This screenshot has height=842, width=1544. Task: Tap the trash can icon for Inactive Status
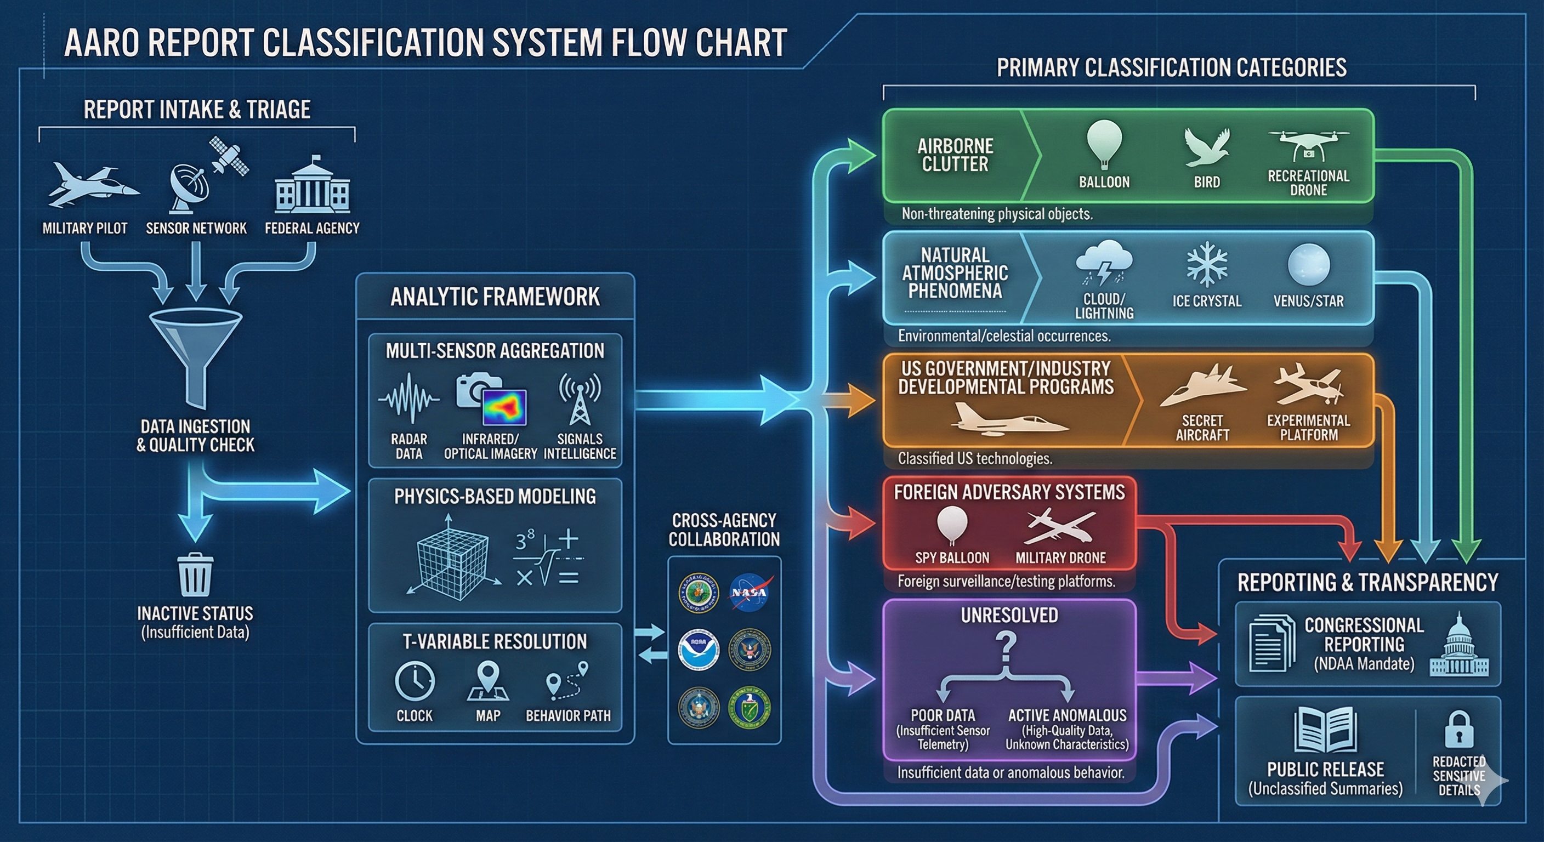[195, 574]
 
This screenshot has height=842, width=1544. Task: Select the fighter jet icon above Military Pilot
[92, 186]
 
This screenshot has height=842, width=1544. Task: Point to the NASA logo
[751, 592]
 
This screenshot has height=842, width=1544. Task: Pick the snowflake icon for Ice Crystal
[1207, 265]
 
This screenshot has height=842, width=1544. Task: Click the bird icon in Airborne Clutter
[1207, 147]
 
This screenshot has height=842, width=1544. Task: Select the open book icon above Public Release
[1325, 729]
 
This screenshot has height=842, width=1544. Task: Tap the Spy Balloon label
[952, 557]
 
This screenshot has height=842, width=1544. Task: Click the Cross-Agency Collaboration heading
[724, 530]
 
